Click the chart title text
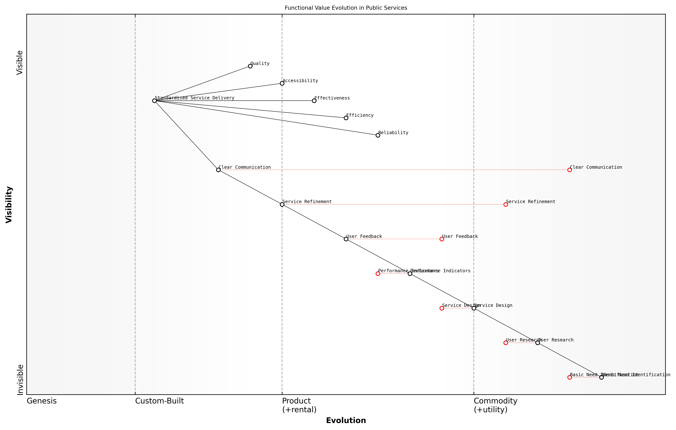pyautogui.click(x=346, y=8)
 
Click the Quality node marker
pyautogui.click(x=250, y=66)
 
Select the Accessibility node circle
pyautogui.click(x=282, y=83)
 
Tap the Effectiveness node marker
pyautogui.click(x=314, y=101)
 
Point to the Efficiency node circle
pyautogui.click(x=346, y=118)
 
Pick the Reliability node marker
pyautogui.click(x=378, y=135)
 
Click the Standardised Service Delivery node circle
pyautogui.click(x=154, y=101)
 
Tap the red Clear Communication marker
pyautogui.click(x=569, y=170)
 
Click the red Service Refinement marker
pyautogui.click(x=506, y=205)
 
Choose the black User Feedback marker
pyautogui.click(x=346, y=239)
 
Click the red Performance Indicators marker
pyautogui.click(x=378, y=274)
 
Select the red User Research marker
pyautogui.click(x=506, y=343)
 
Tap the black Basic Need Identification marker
pyautogui.click(x=601, y=377)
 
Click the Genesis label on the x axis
pyautogui.click(x=42, y=401)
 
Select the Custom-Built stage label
pyautogui.click(x=160, y=401)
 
